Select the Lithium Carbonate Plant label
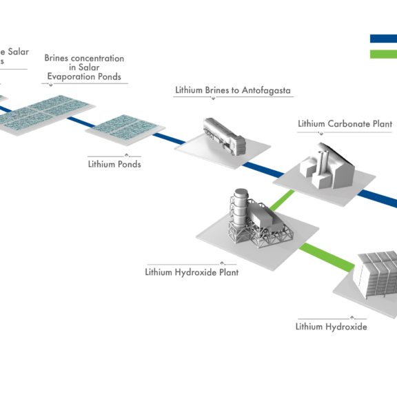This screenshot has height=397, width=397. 345,124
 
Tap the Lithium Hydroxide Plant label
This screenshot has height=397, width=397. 192,272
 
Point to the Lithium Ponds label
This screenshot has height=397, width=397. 114,164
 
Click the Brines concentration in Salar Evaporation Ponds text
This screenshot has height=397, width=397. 84,68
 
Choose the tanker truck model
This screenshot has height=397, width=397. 225,136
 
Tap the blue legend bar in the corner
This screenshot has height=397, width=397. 383,39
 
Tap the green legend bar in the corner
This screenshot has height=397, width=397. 383,54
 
